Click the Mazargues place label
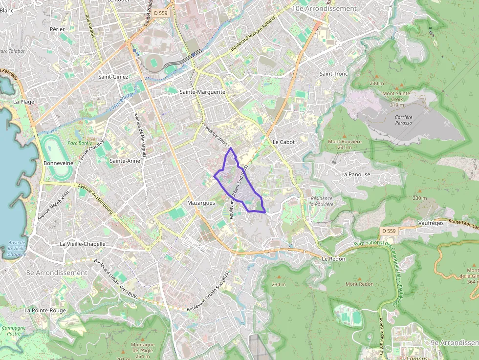201,202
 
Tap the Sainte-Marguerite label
202,91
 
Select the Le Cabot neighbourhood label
283,142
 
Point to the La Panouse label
356,174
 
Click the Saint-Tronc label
333,74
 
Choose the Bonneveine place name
58,163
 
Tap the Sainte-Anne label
125,161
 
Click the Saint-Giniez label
113,77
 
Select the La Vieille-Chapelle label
82,244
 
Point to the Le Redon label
334,258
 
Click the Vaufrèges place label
431,223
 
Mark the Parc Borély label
80,143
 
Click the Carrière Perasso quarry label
403,120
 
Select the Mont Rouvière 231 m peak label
345,144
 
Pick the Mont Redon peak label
360,284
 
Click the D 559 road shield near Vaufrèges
389,231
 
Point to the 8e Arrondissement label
57,273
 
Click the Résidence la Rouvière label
321,201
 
